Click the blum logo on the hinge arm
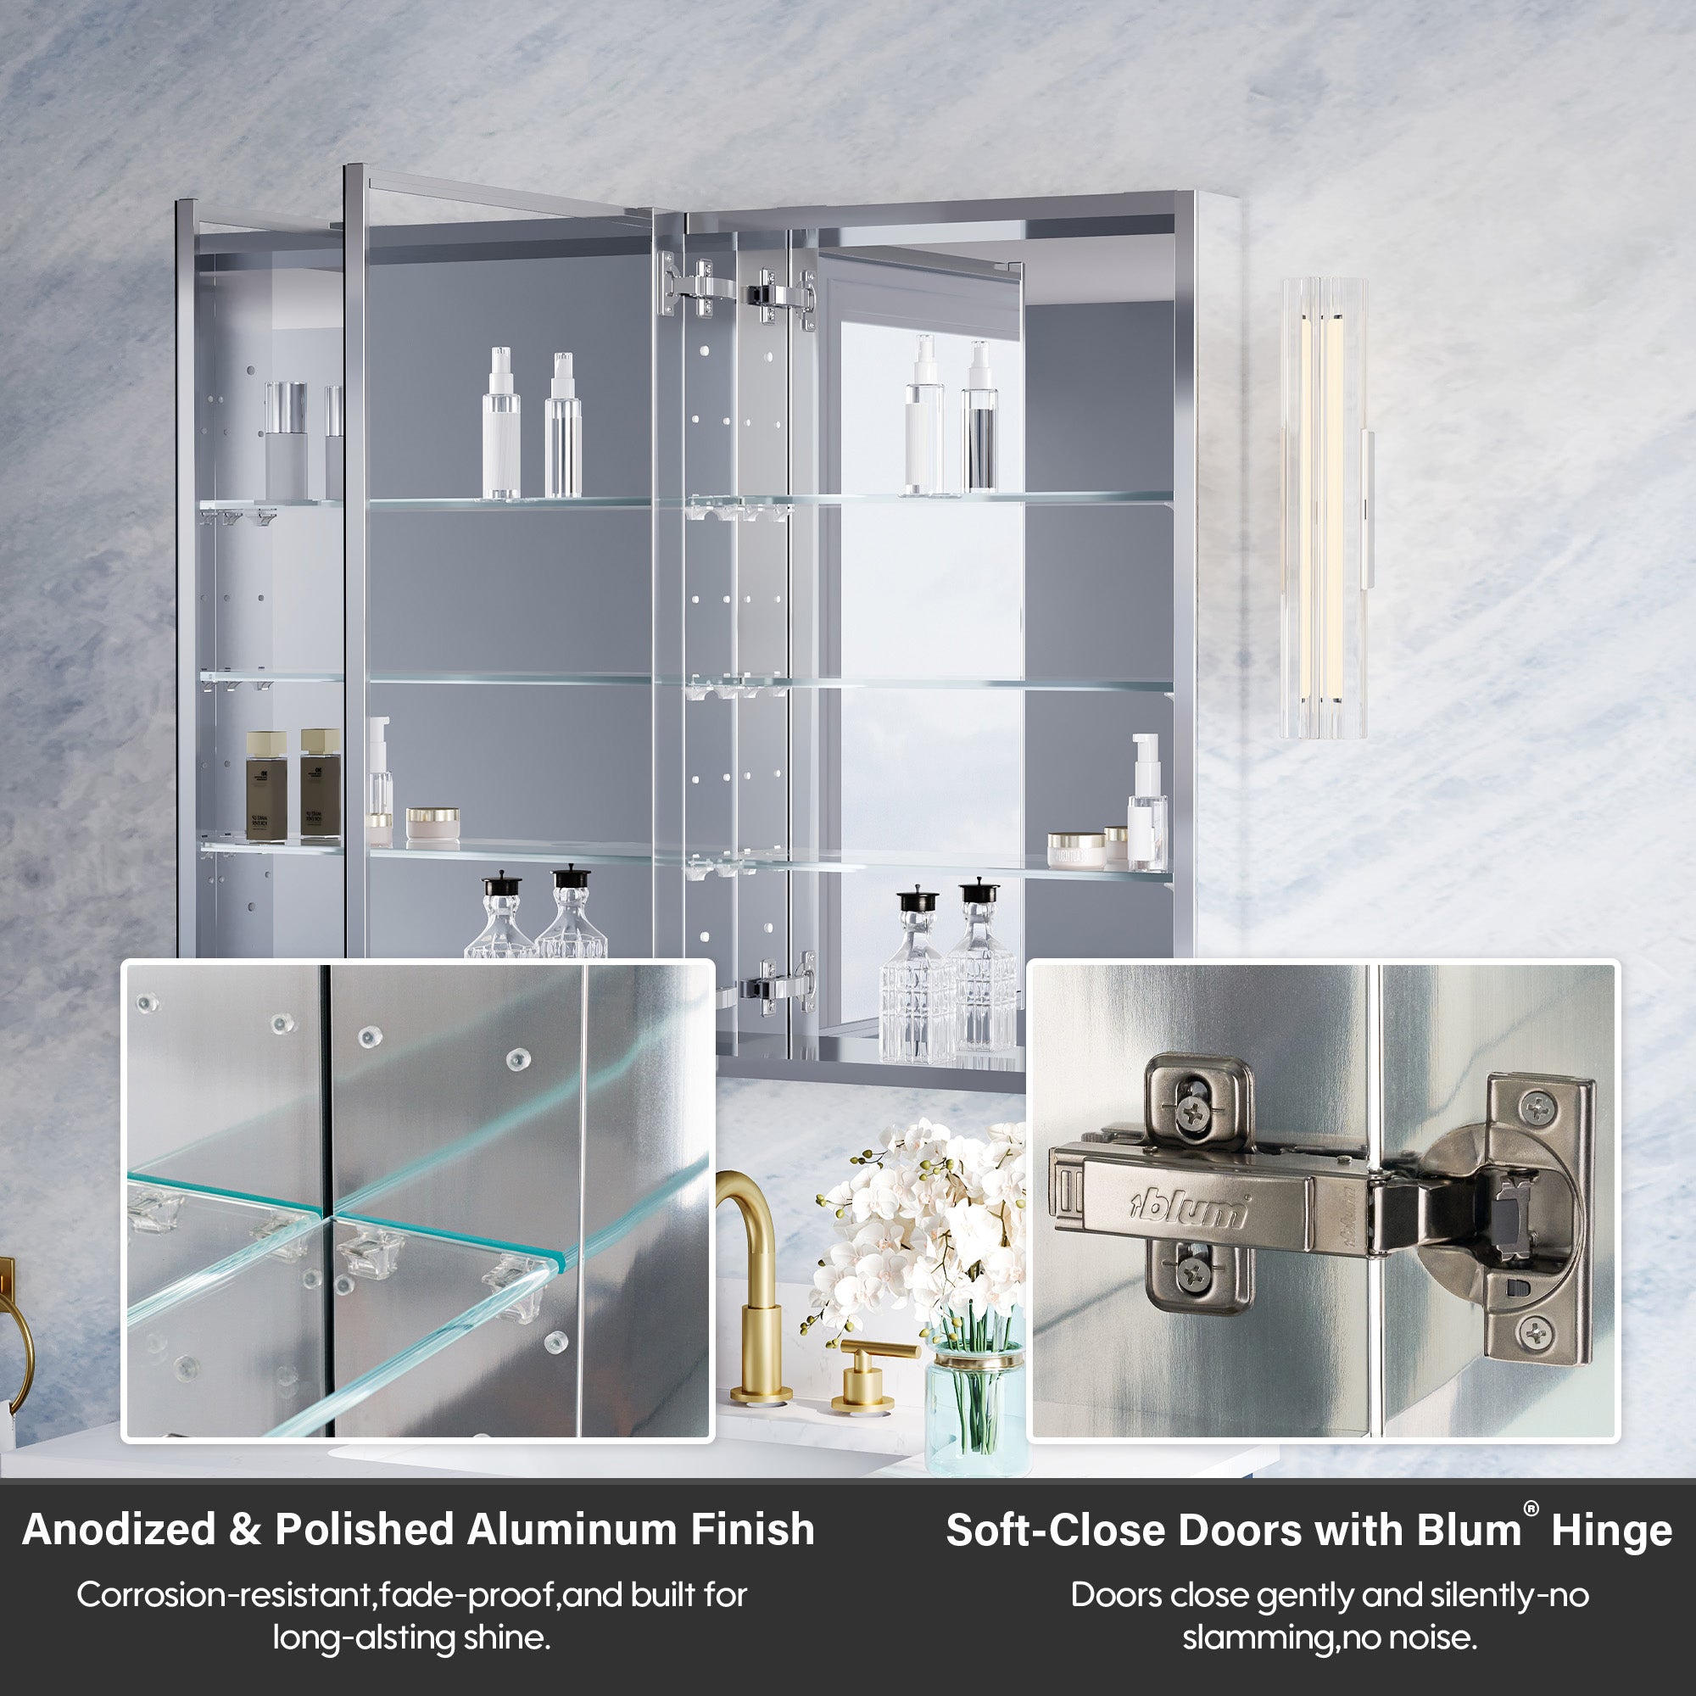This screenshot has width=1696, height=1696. (1188, 1210)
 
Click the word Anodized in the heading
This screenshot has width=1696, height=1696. (119, 1529)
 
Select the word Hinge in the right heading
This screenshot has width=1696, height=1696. (1611, 1531)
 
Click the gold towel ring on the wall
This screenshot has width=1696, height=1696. (16, 1343)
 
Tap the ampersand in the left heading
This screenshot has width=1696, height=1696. (244, 1529)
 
